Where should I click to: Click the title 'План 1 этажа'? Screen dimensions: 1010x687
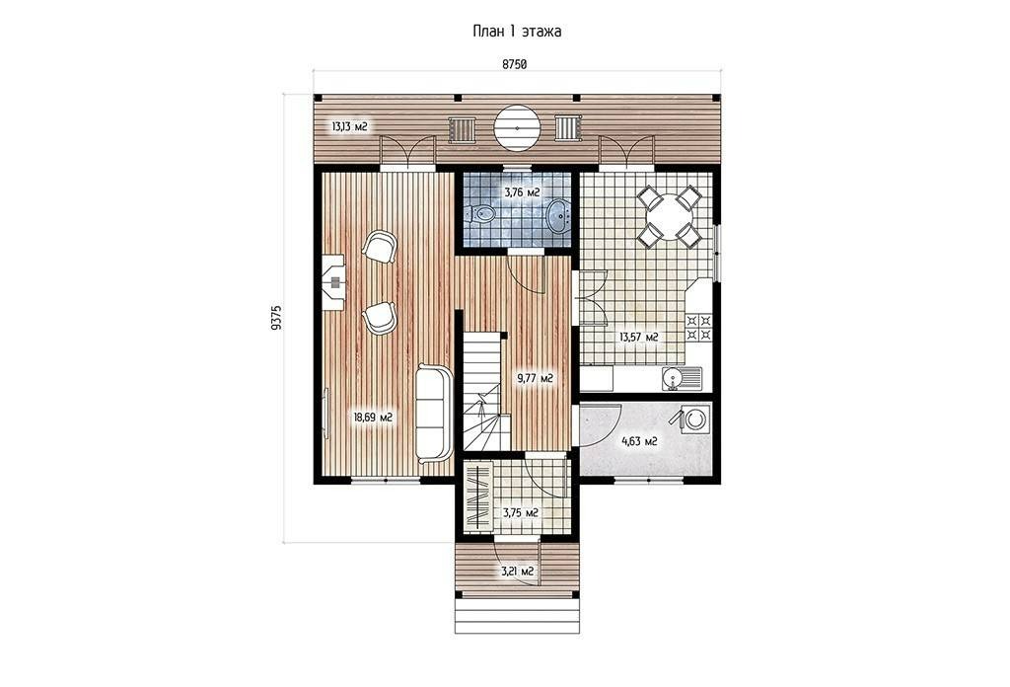[x=517, y=31]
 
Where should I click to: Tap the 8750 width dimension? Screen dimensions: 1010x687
[x=515, y=64]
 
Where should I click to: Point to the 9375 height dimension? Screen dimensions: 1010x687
[x=277, y=318]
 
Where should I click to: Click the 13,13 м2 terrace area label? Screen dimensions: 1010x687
[x=349, y=126]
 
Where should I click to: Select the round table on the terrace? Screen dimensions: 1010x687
[x=516, y=127]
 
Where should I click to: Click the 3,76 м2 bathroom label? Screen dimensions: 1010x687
[x=521, y=192]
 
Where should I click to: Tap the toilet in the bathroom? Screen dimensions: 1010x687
[x=480, y=214]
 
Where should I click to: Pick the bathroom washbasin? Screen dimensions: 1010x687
[x=558, y=214]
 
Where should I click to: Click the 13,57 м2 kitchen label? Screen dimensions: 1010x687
[x=638, y=337]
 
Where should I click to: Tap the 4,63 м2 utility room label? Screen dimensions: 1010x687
[x=639, y=441]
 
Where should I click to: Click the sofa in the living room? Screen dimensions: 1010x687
[x=432, y=413]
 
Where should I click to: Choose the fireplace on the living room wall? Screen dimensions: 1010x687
[x=333, y=281]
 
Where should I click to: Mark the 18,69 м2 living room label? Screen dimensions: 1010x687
[x=373, y=417]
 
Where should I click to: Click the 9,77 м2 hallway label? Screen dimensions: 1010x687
[x=536, y=378]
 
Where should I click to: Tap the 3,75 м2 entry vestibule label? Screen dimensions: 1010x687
[x=521, y=513]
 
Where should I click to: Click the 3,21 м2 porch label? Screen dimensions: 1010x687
[x=519, y=571]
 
